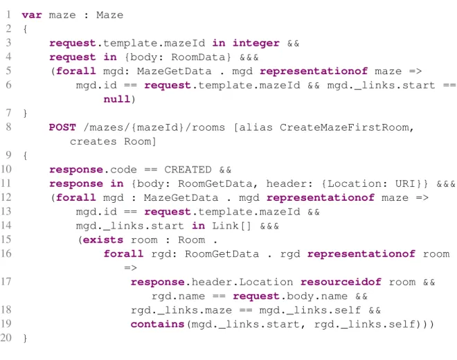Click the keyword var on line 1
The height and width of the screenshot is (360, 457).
pos(32,15)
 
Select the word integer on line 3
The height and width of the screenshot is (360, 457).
pos(256,43)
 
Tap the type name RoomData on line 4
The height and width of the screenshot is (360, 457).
pos(199,57)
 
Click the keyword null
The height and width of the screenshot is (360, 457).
pos(116,99)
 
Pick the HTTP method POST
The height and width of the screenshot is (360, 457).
pos(62,127)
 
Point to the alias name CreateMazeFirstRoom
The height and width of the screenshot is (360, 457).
pos(345,127)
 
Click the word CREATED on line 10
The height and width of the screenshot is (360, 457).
pos(188,170)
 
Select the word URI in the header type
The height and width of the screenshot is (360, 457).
pos(405,183)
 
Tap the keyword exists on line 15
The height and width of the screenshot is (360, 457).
pos(103,240)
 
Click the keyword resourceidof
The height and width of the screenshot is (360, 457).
pos(341,282)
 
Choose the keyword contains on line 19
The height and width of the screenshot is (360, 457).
pos(157,324)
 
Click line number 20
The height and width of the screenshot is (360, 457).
pos(6,338)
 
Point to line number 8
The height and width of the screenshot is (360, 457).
pos(8,127)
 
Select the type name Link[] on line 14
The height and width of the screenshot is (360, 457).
pos(231,226)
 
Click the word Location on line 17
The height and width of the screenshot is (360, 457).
pos(266,282)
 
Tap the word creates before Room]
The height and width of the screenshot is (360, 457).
pos(93,142)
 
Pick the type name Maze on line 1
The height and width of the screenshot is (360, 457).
pos(109,15)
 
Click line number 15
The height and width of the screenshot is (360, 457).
pos(6,240)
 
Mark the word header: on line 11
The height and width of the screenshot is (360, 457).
pos(289,183)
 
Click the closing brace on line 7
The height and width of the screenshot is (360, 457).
pos(25,113)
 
